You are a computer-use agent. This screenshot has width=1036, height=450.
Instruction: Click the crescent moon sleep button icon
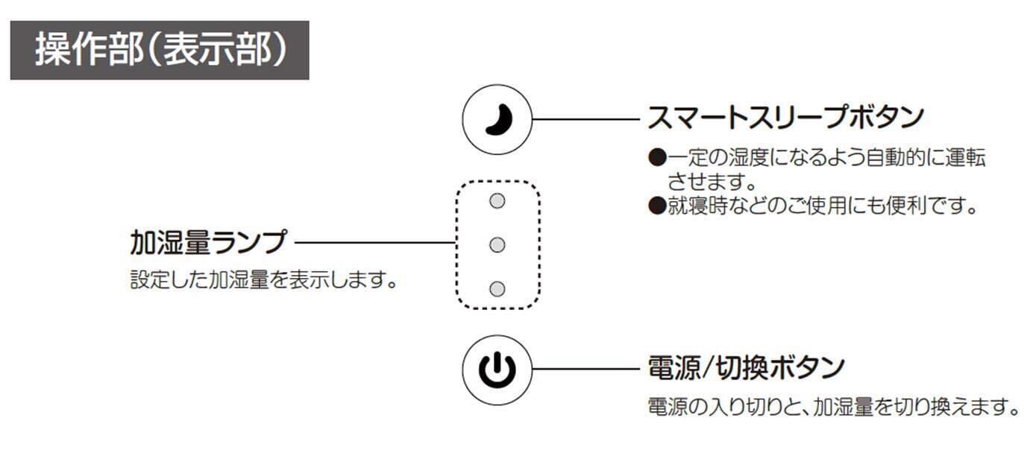[x=497, y=119]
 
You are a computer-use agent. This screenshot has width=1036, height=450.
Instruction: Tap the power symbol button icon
[x=497, y=370]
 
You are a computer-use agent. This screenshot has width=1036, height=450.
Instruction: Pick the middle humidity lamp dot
[x=497, y=244]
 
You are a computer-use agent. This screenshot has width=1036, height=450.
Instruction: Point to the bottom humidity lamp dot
[x=497, y=288]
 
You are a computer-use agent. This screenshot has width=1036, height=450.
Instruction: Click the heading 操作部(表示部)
[x=160, y=51]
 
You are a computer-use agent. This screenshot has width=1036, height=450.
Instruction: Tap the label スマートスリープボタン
[x=785, y=118]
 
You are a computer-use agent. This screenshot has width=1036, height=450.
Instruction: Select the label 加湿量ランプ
[x=207, y=242]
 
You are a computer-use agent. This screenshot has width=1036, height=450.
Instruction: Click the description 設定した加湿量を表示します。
[x=262, y=282]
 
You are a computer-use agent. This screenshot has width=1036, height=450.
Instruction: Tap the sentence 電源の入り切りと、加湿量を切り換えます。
[x=832, y=408]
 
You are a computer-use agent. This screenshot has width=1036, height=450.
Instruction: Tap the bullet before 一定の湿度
[x=656, y=158]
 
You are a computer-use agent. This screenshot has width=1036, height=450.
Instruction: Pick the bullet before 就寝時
[x=656, y=205]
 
